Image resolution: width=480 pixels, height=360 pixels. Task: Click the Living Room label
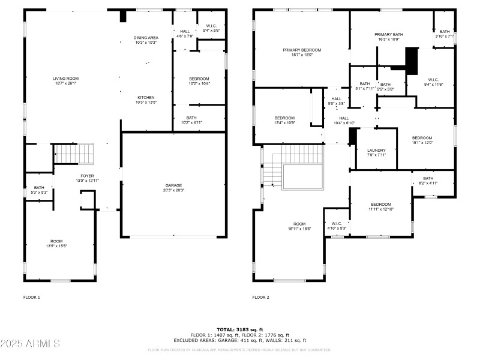click(x=65, y=79)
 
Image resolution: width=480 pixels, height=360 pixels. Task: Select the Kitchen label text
click(x=146, y=97)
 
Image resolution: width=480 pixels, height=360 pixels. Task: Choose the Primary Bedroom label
click(x=302, y=50)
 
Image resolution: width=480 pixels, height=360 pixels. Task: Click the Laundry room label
click(x=376, y=150)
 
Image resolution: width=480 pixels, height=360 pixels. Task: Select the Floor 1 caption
click(x=32, y=298)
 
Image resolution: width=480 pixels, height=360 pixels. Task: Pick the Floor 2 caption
click(x=261, y=298)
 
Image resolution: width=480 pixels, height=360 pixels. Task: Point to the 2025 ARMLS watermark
click(x=30, y=344)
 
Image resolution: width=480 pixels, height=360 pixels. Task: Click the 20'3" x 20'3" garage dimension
click(x=174, y=191)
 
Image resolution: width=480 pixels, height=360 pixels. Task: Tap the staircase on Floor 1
click(x=75, y=154)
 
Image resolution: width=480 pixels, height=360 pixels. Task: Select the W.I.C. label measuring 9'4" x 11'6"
click(x=433, y=80)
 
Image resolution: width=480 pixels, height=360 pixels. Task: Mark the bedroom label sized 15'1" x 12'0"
click(x=422, y=138)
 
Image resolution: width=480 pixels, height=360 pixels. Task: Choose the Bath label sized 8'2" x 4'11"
click(x=428, y=178)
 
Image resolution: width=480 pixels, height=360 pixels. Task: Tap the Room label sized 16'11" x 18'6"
click(x=299, y=224)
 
